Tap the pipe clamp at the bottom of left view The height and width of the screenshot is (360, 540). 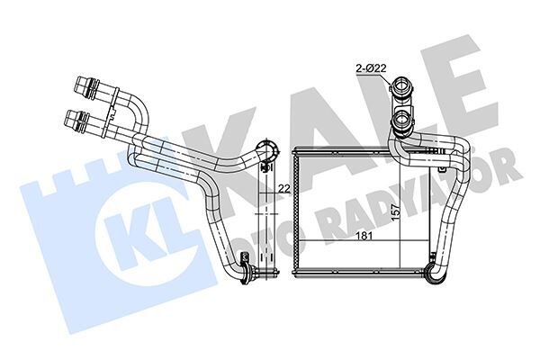[x=249, y=274]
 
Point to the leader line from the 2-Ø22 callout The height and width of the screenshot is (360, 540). [x=383, y=78]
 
